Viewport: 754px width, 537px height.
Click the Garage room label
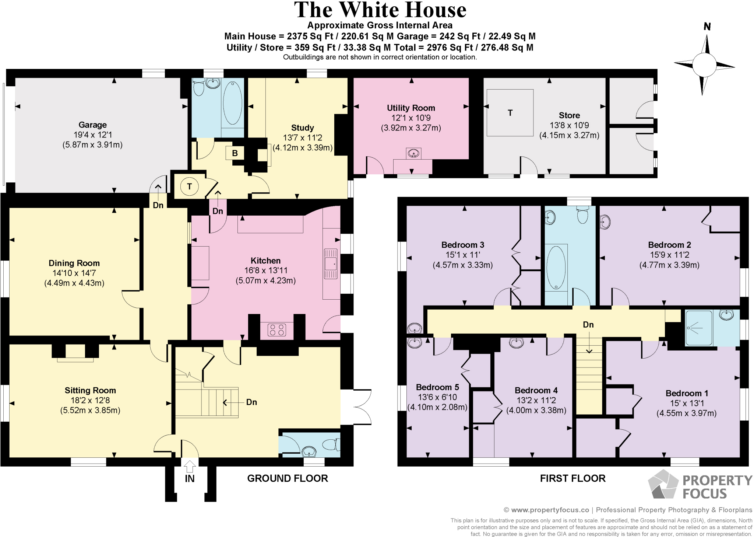(x=92, y=125)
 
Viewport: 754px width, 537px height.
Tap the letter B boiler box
(x=235, y=153)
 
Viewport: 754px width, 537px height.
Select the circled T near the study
(x=190, y=186)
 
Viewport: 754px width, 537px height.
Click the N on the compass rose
(x=707, y=27)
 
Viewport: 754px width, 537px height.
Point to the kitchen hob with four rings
(x=277, y=329)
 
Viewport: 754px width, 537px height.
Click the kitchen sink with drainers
(x=331, y=264)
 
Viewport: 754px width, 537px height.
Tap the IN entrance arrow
(x=190, y=467)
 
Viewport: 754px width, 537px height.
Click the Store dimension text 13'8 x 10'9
(x=569, y=125)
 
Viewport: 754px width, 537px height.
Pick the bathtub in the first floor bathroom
(x=556, y=268)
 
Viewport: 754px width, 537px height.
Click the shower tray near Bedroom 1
(x=698, y=328)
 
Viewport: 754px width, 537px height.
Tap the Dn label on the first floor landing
(x=588, y=325)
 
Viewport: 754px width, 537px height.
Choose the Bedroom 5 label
(x=437, y=387)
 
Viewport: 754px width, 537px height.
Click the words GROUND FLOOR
(x=287, y=478)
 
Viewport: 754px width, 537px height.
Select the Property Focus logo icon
(x=663, y=484)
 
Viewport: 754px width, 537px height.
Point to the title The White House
(x=380, y=10)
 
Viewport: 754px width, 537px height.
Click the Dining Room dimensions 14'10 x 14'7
(x=74, y=273)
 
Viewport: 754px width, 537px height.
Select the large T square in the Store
(x=510, y=113)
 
